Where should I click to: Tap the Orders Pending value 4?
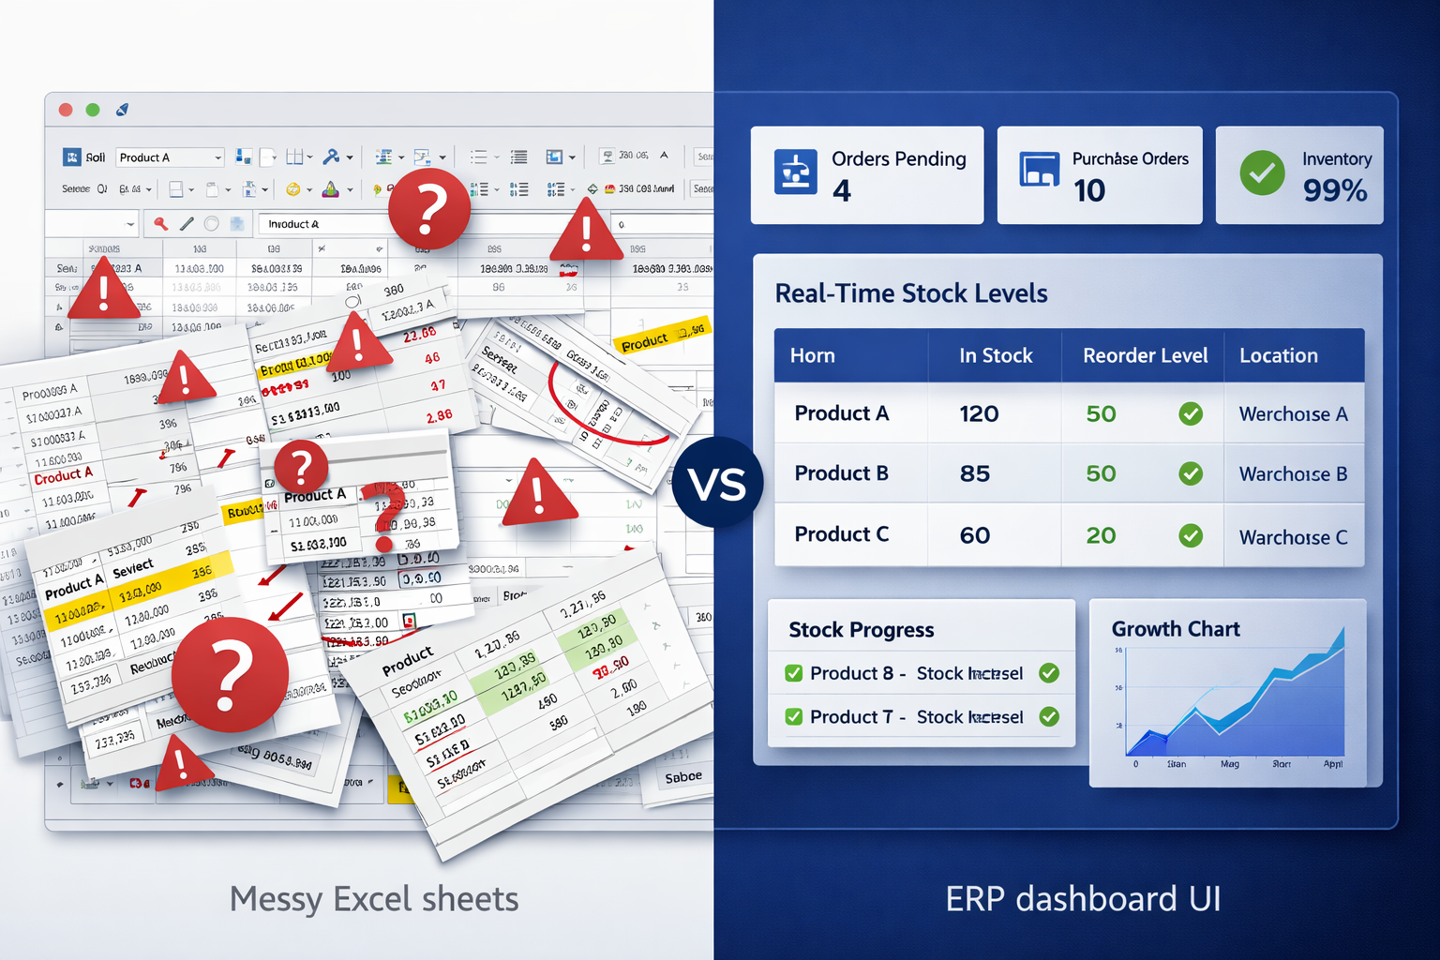coord(842,191)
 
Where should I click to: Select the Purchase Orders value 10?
coord(1089,191)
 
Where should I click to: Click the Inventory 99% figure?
coord(1335,191)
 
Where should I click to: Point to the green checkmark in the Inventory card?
coord(1262,172)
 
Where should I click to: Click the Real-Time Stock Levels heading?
coord(910,293)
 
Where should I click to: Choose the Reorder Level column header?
coord(1145,355)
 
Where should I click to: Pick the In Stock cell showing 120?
coord(979,413)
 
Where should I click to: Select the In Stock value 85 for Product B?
coord(975,473)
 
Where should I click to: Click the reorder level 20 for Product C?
coord(1101,535)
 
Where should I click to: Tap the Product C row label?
coord(841,534)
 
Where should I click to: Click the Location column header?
coord(1278,355)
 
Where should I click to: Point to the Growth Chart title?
coord(1176,629)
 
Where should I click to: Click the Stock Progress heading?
coord(861,630)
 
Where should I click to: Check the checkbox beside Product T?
coord(793,717)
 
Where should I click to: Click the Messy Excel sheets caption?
coord(374,899)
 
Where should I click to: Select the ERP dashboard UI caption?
coord(1083,899)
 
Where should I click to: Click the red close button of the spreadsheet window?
coord(66,110)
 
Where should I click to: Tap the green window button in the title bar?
coord(93,110)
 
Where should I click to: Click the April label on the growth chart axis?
coord(1332,764)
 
